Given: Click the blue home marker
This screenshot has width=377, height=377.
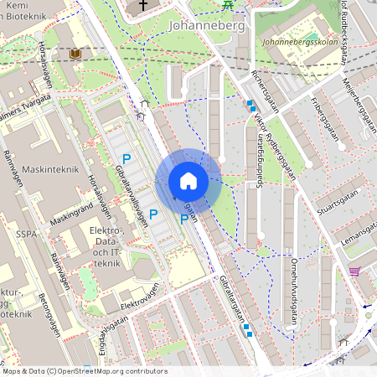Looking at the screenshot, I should [188, 181].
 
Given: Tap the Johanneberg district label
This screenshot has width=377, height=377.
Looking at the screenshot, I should [205, 25].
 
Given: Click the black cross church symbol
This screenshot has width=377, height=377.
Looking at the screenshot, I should [142, 5].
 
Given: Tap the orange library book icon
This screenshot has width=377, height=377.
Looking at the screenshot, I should [75, 54].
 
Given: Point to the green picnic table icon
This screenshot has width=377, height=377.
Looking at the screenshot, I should [228, 4].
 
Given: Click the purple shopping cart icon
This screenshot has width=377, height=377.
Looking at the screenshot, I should [354, 271].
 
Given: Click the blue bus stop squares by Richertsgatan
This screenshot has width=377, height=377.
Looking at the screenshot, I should [251, 106].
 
